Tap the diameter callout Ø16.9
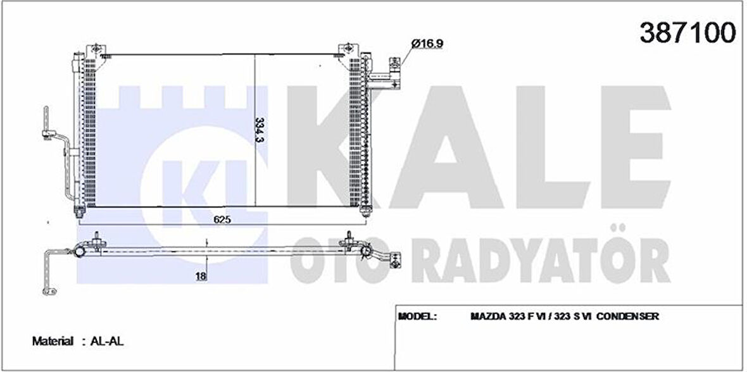pos(425,43)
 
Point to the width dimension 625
pos(221,220)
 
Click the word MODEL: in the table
pos(417,316)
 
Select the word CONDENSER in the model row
pos(630,316)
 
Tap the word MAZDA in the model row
pos(485,316)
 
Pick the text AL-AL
pos(107,341)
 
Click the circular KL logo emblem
pos(184,183)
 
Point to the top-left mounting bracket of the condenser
pos(96,49)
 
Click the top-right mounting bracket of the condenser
pos(347,49)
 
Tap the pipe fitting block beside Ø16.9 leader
pos(394,70)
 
